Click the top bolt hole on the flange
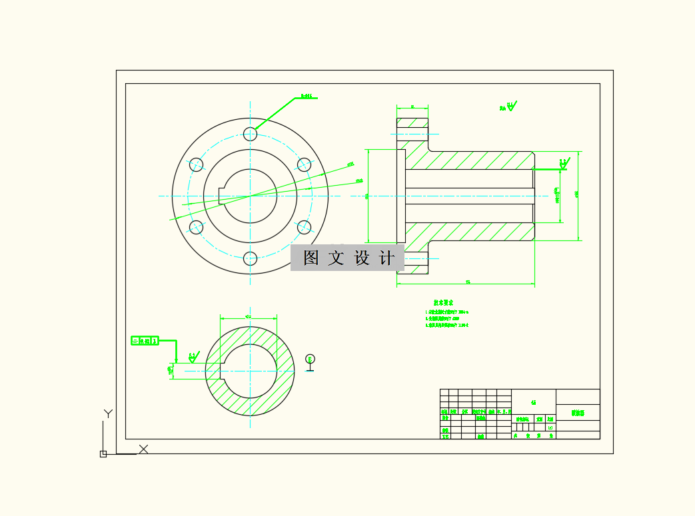tap(250, 134)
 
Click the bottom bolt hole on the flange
tap(250, 258)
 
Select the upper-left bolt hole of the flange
tap(196, 164)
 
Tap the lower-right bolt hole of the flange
tap(304, 227)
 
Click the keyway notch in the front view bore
tap(223, 196)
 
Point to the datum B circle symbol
tap(310, 360)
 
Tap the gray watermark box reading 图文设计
tap(347, 258)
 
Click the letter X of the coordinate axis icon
tap(143, 449)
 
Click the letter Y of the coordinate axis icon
tap(107, 414)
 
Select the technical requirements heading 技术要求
tap(443, 302)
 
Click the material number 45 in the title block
tap(533, 402)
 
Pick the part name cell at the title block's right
tap(577, 413)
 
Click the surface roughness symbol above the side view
tap(510, 106)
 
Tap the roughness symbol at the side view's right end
tap(564, 162)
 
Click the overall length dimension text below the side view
tap(467, 282)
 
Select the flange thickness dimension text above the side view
tap(412, 106)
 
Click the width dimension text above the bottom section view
tap(248, 316)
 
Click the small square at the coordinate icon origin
tap(103, 454)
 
